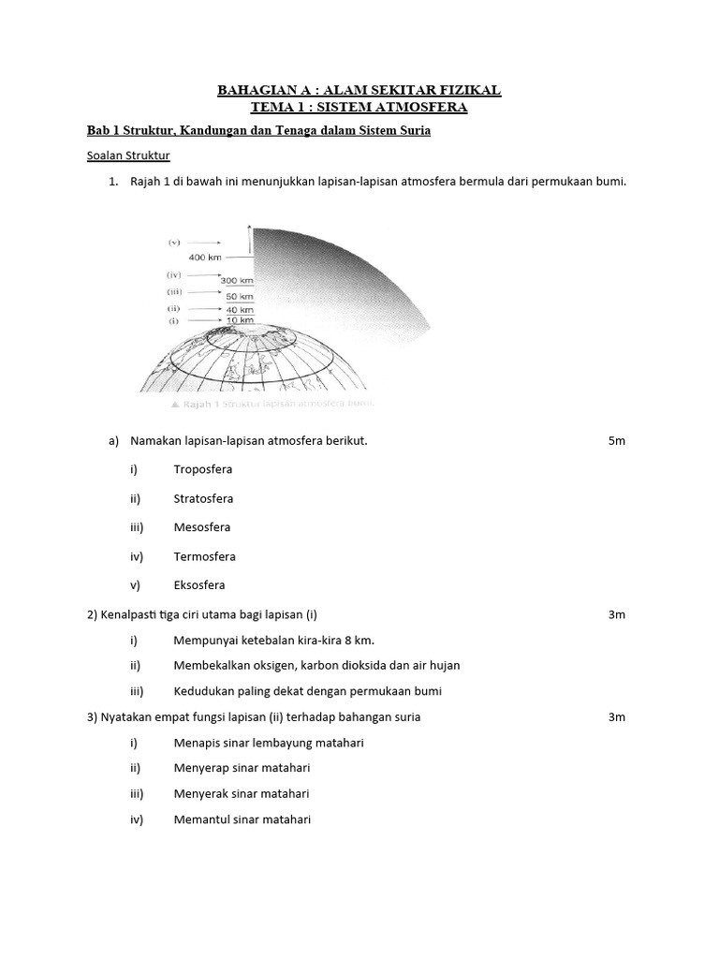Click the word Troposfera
(202, 469)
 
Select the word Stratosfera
(203, 498)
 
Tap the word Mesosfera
(201, 527)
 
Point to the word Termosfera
(204, 556)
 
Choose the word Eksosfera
(199, 585)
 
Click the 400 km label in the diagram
(205, 257)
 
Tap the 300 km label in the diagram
(237, 280)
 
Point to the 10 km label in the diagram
(240, 320)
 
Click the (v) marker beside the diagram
(174, 242)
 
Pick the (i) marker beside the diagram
(173, 320)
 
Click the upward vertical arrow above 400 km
(249, 240)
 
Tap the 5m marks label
(616, 440)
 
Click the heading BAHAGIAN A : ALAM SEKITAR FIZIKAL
(359, 90)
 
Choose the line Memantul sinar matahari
(242, 819)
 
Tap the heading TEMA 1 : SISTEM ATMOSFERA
(359, 108)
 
